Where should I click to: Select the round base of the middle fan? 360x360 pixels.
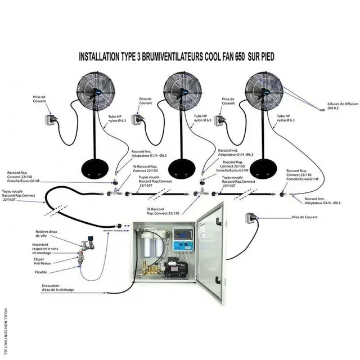click(184, 167)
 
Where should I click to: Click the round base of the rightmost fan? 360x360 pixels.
click(265, 167)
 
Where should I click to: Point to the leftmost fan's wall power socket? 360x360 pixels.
click(48, 120)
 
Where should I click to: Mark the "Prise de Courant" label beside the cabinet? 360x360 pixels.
click(304, 217)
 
